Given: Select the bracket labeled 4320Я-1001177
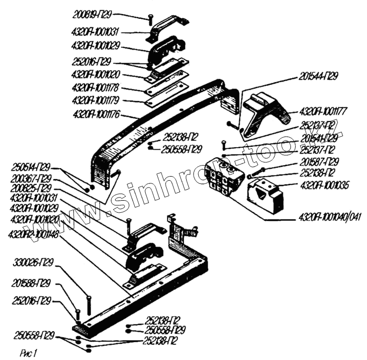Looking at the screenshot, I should click(262, 113).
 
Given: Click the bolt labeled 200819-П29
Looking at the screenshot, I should click(150, 19).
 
